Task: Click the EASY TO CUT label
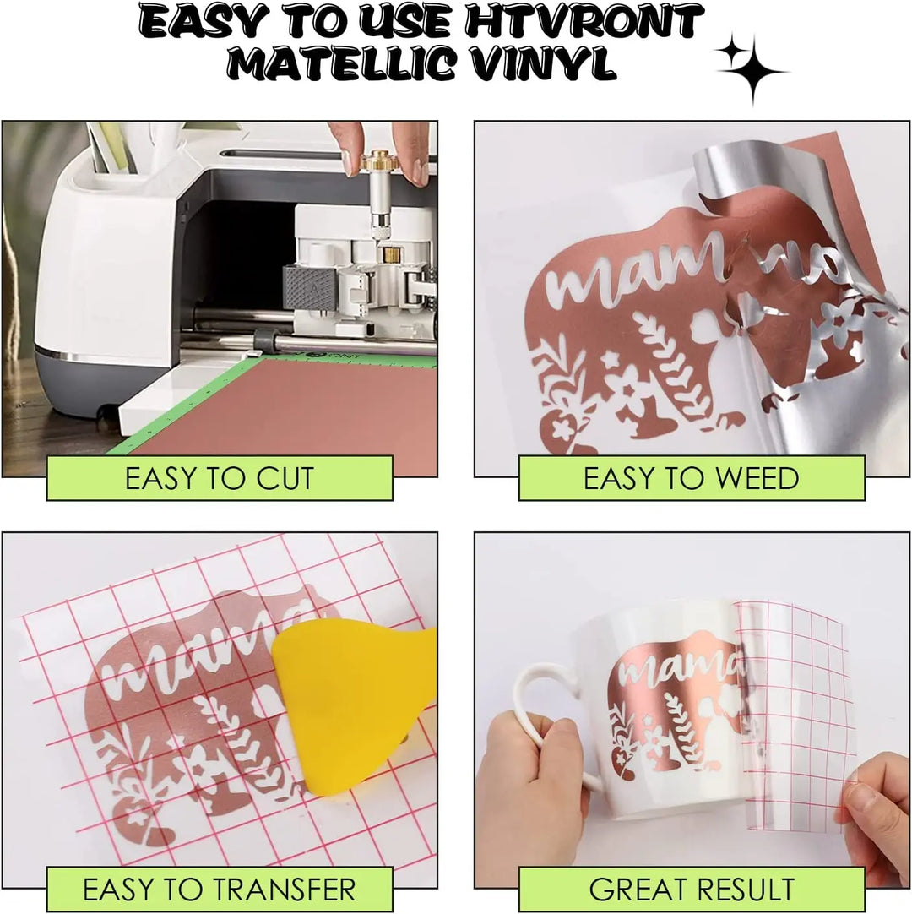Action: click(219, 479)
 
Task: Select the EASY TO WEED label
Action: click(691, 479)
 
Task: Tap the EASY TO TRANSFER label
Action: click(219, 890)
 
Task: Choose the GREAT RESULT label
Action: click(691, 890)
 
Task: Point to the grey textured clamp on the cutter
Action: click(308, 290)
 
